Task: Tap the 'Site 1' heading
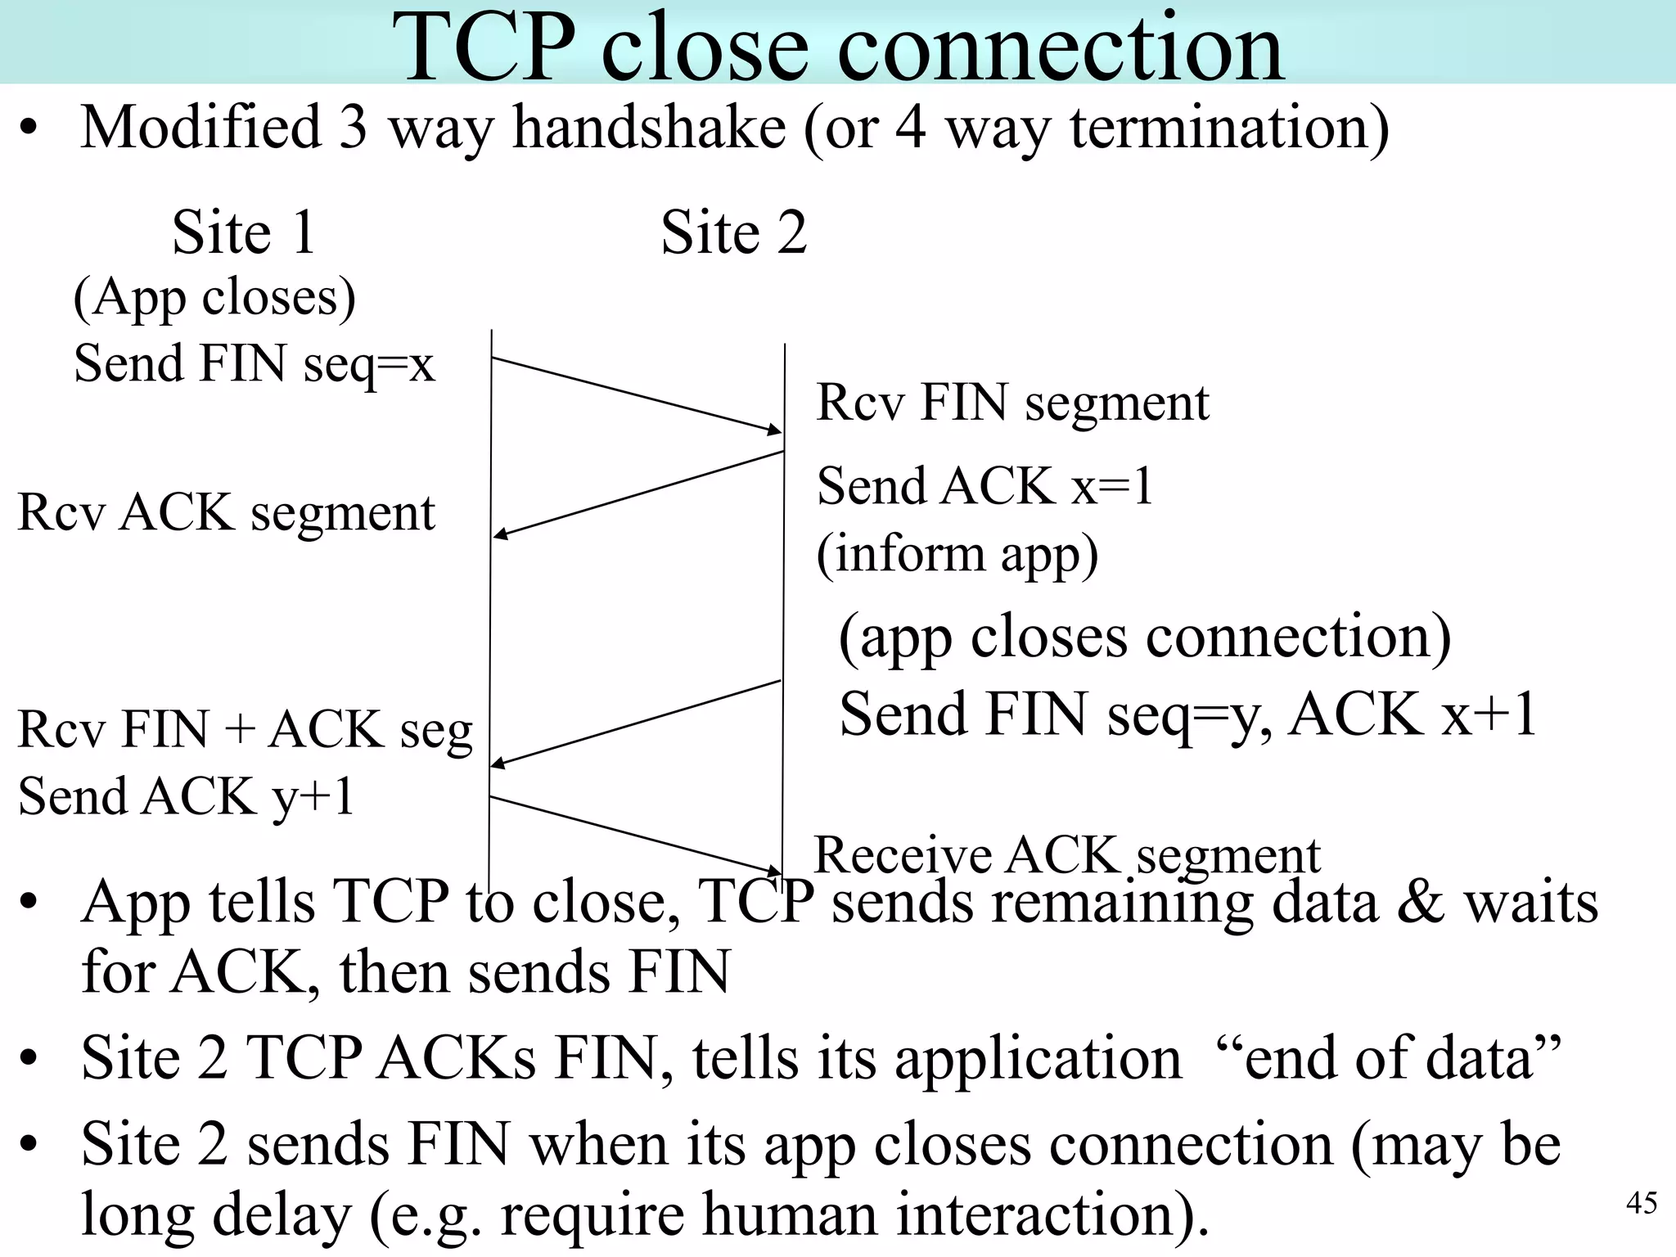pyautogui.click(x=244, y=232)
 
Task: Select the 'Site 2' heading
pyautogui.click(x=734, y=232)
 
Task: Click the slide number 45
pyautogui.click(x=1641, y=1203)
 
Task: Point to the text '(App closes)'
pyautogui.click(x=214, y=298)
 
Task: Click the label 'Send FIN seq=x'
pyautogui.click(x=254, y=364)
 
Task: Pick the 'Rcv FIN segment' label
pyautogui.click(x=1012, y=403)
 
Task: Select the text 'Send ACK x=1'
pyautogui.click(x=984, y=486)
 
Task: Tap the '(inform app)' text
pyautogui.click(x=957, y=555)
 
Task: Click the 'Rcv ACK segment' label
pyautogui.click(x=226, y=514)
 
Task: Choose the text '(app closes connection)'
pyautogui.click(x=1144, y=638)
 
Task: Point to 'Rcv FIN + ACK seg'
pyautogui.click(x=246, y=730)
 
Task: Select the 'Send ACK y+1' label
pyautogui.click(x=186, y=797)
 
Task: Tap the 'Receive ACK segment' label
pyautogui.click(x=1067, y=856)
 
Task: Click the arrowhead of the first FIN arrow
pyautogui.click(x=775, y=430)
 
